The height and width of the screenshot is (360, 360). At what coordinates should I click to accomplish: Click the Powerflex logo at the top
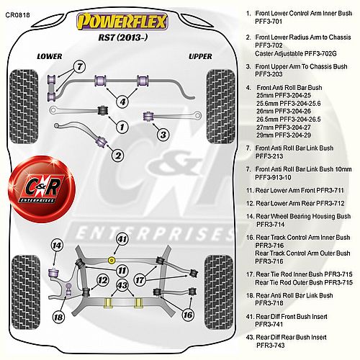point(122,22)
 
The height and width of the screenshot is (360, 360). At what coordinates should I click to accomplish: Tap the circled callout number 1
point(122,127)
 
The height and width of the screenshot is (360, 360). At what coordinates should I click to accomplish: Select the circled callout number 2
point(118,156)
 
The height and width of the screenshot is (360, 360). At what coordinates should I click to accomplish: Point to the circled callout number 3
point(163,135)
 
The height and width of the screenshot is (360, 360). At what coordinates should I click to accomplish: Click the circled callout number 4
point(122,102)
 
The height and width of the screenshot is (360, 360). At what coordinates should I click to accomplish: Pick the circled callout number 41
point(122,239)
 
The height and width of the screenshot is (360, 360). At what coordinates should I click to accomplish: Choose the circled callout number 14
point(57,246)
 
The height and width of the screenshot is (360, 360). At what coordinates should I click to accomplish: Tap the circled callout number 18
point(58,318)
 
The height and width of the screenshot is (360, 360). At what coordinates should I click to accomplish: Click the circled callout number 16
point(188,315)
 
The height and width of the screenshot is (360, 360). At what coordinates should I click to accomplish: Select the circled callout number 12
point(103,280)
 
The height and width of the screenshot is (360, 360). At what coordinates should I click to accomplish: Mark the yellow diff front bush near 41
point(111,260)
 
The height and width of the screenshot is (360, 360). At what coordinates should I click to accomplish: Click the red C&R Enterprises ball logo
point(42,189)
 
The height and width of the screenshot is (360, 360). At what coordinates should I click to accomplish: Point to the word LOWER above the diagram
point(50,56)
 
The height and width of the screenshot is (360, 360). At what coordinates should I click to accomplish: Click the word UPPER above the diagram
point(200,56)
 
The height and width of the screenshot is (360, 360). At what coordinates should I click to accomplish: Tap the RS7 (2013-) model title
point(122,37)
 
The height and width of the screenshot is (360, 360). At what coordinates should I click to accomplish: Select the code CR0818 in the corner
point(18,15)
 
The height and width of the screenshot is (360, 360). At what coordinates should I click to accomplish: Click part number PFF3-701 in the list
point(269,22)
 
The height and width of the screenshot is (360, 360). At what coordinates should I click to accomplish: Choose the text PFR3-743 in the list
point(271,346)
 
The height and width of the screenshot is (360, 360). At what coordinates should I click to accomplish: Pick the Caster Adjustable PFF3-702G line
point(296,53)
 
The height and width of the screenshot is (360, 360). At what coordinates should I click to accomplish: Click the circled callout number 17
point(140,280)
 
